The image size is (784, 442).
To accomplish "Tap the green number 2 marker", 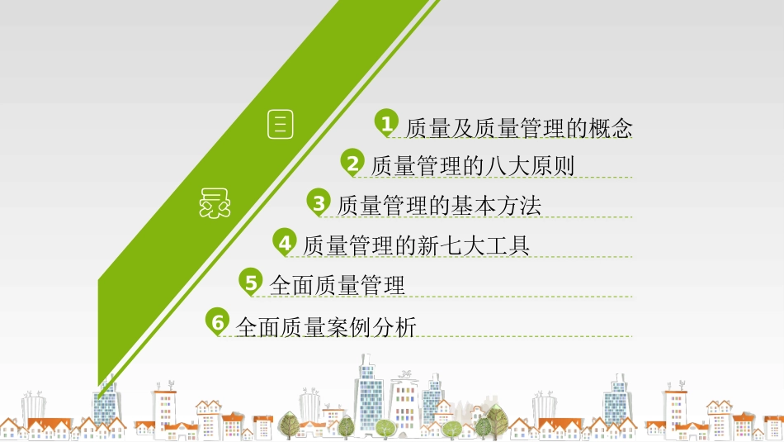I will pyautogui.click(x=352, y=163).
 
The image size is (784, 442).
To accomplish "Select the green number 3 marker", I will pyautogui.click(x=319, y=202).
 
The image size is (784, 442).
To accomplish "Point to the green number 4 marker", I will pyautogui.click(x=285, y=242).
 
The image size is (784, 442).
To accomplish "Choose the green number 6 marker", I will pyautogui.click(x=217, y=322).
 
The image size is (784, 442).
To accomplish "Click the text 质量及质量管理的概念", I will pyautogui.click(x=519, y=129).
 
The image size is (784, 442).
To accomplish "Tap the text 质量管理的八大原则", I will pyautogui.click(x=472, y=167).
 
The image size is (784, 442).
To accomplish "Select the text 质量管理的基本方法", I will pyautogui.click(x=439, y=206).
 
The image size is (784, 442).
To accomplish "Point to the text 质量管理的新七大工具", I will pyautogui.click(x=416, y=246).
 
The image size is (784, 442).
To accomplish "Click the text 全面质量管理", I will pyautogui.click(x=337, y=286).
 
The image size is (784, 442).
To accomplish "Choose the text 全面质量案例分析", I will pyautogui.click(x=326, y=327).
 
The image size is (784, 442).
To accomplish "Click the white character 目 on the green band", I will pyautogui.click(x=281, y=125).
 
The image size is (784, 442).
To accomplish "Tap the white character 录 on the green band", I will pyautogui.click(x=214, y=203).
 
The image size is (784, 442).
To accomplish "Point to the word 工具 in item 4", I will pyautogui.click(x=507, y=246).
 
